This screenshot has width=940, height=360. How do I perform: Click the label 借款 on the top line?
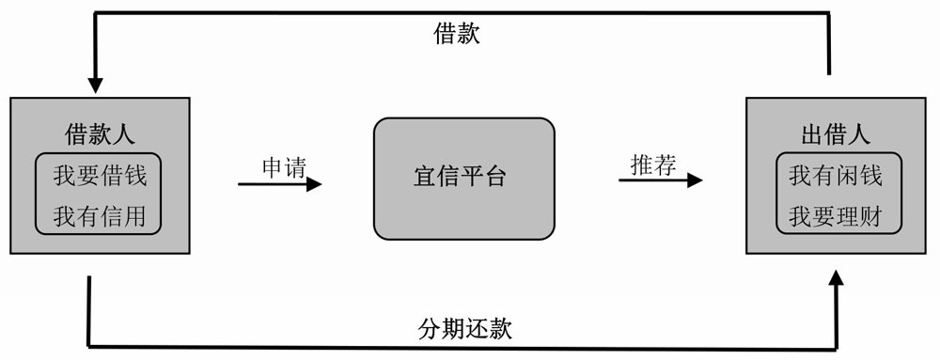coord(457,36)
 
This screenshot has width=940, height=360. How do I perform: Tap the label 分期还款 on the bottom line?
coord(464,329)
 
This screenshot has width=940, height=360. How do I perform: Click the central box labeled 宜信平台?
coord(463,178)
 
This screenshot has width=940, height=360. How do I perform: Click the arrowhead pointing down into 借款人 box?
coord(94,85)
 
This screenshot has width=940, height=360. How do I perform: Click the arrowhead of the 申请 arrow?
coord(314,184)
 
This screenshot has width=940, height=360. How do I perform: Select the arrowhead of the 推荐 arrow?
coord(695,180)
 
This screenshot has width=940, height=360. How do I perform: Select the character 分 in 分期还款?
coord(429,329)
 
